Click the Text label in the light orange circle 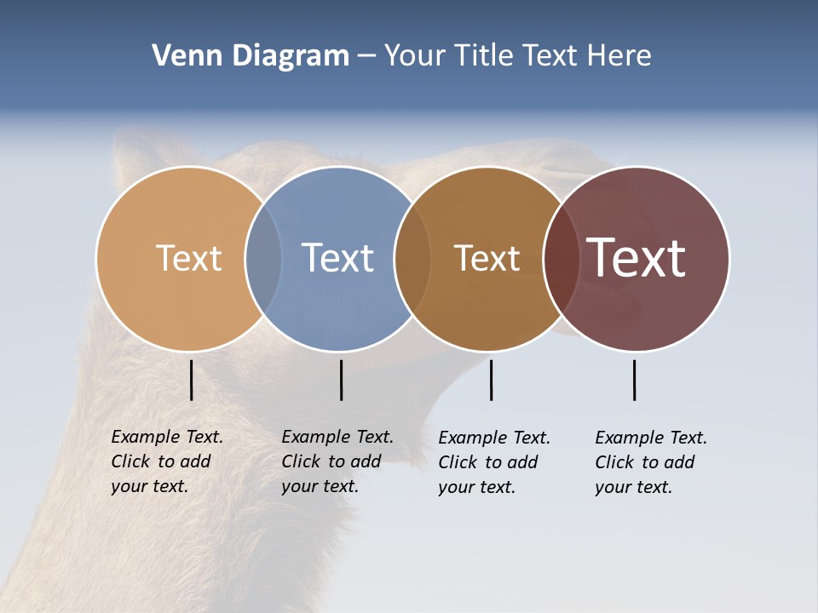tap(188, 258)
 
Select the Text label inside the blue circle tap(337, 258)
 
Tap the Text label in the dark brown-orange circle tap(487, 258)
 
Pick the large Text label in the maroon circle tap(637, 258)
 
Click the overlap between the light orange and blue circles tap(263, 258)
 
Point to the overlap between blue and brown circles tap(412, 258)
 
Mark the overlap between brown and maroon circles tap(561, 258)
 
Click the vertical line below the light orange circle tap(191, 380)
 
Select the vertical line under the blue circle tap(341, 380)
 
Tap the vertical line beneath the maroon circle tap(634, 380)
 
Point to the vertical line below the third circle tap(491, 380)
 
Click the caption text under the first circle tap(166, 461)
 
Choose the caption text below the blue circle tap(337, 461)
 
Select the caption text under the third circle tap(493, 462)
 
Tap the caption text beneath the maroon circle tap(650, 462)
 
